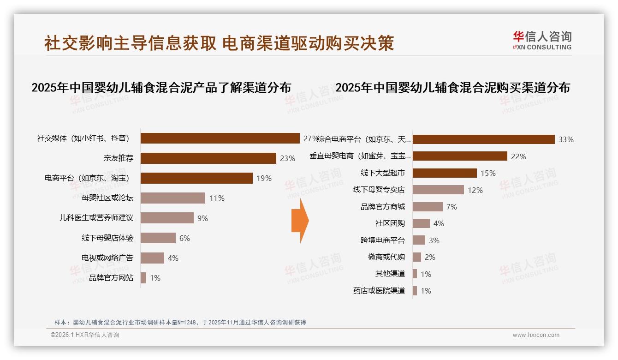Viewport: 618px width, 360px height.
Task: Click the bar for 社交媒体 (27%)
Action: click(220, 138)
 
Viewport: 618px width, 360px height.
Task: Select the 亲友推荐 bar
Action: click(208, 158)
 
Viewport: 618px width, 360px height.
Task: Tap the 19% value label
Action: click(264, 178)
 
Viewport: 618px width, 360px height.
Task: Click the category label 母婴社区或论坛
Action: click(107, 198)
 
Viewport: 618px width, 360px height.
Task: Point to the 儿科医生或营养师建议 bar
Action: click(167, 218)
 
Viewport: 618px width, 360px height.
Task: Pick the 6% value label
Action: click(184, 238)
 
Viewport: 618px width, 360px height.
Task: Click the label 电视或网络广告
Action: click(107, 258)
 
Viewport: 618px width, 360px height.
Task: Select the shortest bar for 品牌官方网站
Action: click(143, 278)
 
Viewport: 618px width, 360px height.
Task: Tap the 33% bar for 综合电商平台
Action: click(483, 139)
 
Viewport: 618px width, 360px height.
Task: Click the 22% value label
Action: click(518, 156)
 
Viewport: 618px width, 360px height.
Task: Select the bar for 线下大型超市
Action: click(445, 173)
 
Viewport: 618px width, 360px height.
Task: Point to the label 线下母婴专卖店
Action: click(379, 190)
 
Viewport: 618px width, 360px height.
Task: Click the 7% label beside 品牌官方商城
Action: click(452, 207)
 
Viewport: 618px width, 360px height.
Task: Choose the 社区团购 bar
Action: click(421, 223)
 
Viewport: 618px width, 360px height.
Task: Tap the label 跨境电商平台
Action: click(383, 240)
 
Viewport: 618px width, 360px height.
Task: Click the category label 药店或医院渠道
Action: click(379, 291)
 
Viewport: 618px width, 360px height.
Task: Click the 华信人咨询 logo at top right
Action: click(542, 40)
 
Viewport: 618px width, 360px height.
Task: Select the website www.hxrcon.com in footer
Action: click(536, 335)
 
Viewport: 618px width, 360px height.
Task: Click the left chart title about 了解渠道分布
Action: click(161, 88)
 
